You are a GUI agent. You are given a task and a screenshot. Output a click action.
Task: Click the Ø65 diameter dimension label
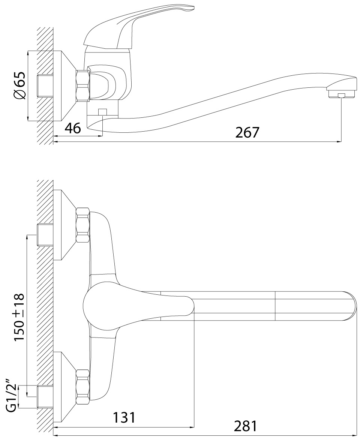[19, 85]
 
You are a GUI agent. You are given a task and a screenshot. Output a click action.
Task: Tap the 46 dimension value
[73, 128]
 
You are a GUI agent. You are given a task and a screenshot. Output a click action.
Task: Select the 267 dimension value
[247, 132]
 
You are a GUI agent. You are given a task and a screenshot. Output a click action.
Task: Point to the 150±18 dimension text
[19, 317]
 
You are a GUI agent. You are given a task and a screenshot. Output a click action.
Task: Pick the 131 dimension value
[124, 418]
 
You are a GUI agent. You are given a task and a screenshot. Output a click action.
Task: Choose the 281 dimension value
[245, 426]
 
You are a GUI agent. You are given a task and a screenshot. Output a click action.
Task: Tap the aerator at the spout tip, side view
[342, 94]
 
